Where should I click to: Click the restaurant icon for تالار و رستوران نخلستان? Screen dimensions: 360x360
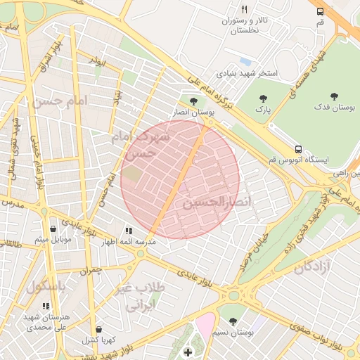click(x=245, y=10)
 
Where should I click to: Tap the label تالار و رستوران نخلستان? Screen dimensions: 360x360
click(x=245, y=26)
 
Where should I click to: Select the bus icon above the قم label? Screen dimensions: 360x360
click(x=320, y=11)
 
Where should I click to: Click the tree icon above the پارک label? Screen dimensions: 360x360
click(x=264, y=98)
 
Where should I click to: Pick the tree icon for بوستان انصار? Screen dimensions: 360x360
click(x=193, y=101)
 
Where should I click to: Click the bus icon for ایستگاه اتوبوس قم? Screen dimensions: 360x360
click(x=299, y=149)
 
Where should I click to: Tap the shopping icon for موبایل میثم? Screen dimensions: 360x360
click(x=53, y=229)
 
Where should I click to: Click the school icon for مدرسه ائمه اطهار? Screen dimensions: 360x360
click(x=129, y=231)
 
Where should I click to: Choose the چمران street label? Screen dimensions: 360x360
click(x=91, y=269)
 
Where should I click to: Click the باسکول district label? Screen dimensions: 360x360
click(x=46, y=287)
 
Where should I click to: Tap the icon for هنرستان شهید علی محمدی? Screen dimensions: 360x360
click(x=46, y=307)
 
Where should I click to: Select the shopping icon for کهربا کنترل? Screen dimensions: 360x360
click(x=99, y=329)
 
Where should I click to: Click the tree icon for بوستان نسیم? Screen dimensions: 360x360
click(x=233, y=321)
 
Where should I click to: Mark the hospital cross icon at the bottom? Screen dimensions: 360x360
click(x=187, y=352)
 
